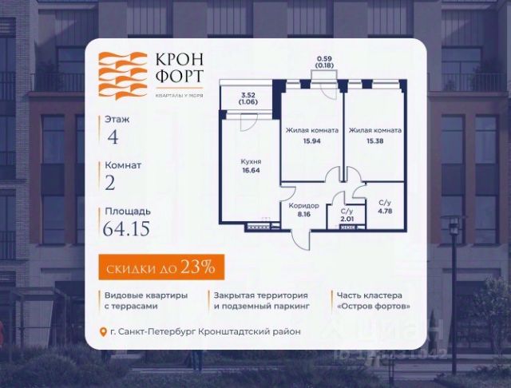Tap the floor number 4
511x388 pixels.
[112, 136]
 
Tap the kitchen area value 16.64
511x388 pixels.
[251, 169]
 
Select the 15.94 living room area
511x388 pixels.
[312, 141]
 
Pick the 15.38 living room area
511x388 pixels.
[374, 141]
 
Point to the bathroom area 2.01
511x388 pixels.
[347, 217]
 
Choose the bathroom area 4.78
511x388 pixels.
[385, 212]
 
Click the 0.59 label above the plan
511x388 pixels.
[324, 58]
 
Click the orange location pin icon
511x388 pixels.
[102, 331]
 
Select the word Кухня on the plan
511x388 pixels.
[251, 160]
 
